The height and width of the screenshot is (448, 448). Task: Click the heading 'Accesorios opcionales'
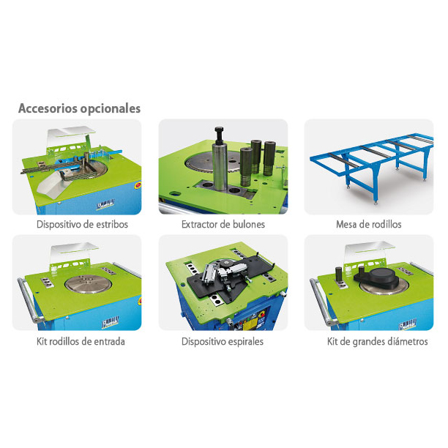point(80,108)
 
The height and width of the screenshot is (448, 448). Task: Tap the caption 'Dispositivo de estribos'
point(82,224)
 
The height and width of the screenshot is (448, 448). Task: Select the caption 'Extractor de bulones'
point(223,224)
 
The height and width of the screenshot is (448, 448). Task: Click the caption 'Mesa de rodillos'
point(369,224)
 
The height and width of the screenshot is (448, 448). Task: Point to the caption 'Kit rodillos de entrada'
point(81,341)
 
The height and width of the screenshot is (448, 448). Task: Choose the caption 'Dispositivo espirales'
point(223,341)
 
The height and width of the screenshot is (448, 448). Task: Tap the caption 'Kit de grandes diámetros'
point(378,341)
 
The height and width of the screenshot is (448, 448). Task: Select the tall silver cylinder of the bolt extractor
point(220,166)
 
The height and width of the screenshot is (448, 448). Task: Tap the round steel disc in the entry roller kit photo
point(88,284)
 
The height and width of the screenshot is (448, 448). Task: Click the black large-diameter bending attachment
point(376,277)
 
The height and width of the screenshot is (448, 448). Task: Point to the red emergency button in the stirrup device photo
point(138,185)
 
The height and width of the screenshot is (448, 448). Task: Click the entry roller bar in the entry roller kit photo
point(29,300)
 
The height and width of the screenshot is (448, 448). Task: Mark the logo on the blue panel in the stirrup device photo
point(105,204)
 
